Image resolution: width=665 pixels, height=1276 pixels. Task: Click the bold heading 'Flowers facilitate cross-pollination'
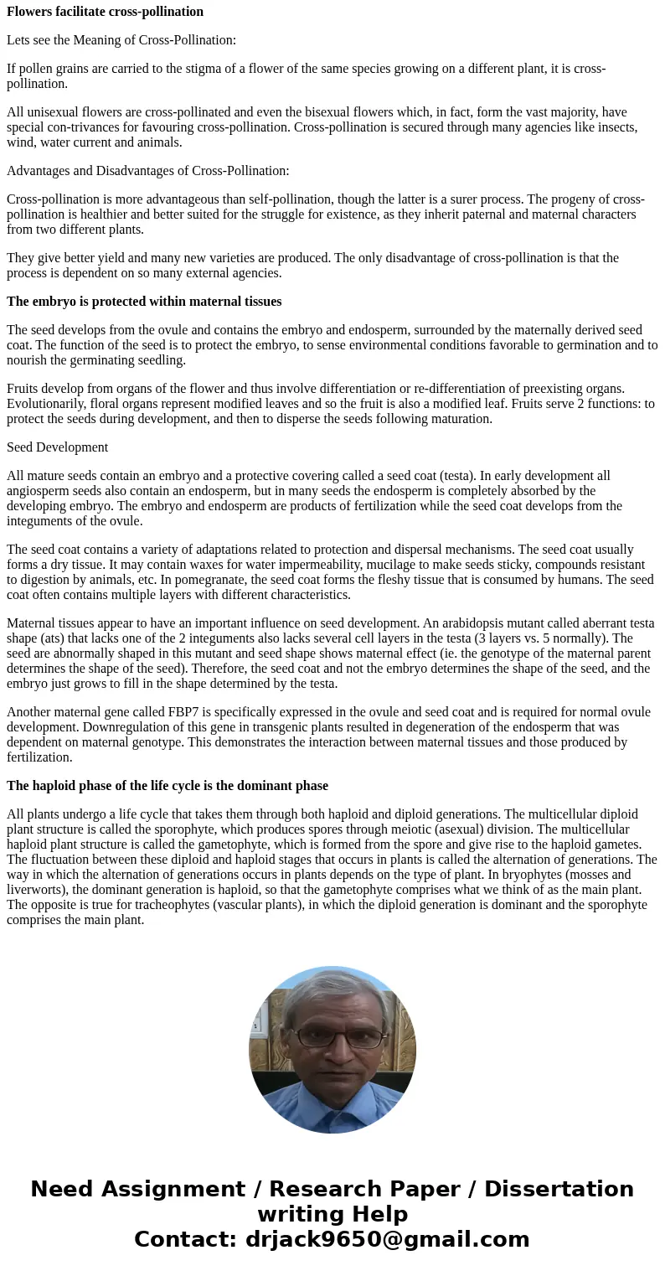(105, 12)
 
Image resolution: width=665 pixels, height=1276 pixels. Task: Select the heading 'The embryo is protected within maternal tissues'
(144, 302)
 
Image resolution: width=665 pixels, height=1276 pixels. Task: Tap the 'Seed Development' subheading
(57, 447)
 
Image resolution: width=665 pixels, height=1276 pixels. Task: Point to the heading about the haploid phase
(168, 786)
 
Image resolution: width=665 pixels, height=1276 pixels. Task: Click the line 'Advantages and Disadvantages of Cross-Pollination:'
(147, 171)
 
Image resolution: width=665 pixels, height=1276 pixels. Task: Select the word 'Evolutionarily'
(46, 404)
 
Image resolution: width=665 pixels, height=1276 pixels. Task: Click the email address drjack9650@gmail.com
(387, 1240)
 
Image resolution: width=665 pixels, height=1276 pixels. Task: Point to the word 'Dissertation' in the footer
(559, 1190)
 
